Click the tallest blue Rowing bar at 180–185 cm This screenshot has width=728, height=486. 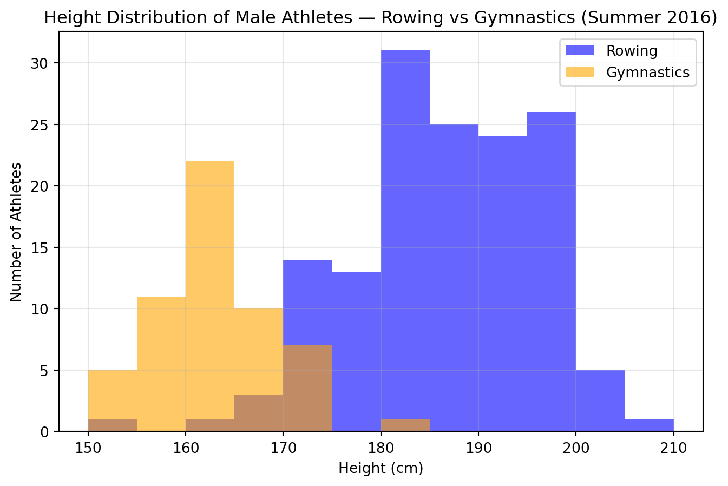405,216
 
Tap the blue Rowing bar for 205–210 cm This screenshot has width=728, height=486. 649,425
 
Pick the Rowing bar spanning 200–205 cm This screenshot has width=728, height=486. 600,400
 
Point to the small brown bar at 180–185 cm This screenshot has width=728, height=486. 405,425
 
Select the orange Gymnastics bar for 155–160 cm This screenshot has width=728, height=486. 161,363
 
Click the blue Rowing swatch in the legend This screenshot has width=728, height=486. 580,51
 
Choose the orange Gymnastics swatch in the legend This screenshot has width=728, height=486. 580,73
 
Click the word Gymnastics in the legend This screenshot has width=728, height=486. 647,73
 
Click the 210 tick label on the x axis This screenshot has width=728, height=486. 673,448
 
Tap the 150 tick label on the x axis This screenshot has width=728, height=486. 88,448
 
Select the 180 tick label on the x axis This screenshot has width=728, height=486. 381,448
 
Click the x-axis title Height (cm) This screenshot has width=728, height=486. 381,468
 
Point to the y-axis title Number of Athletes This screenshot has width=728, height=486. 16,232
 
